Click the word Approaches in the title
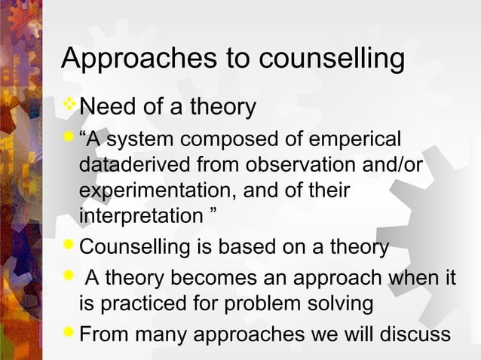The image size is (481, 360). pyautogui.click(x=121, y=59)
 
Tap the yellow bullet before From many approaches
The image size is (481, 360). pyautogui.click(x=69, y=331)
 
